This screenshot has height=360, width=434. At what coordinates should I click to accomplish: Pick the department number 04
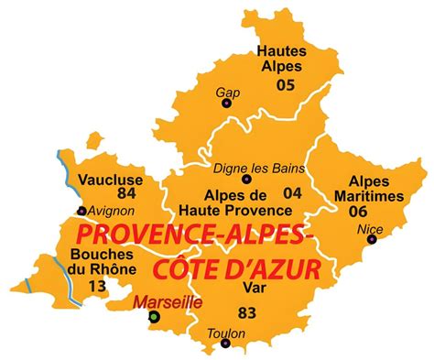292,192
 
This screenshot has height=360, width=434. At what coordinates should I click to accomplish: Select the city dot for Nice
372,240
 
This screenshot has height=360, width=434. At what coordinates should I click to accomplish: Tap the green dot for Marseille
155,317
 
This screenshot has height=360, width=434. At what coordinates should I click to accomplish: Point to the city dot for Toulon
224,346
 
